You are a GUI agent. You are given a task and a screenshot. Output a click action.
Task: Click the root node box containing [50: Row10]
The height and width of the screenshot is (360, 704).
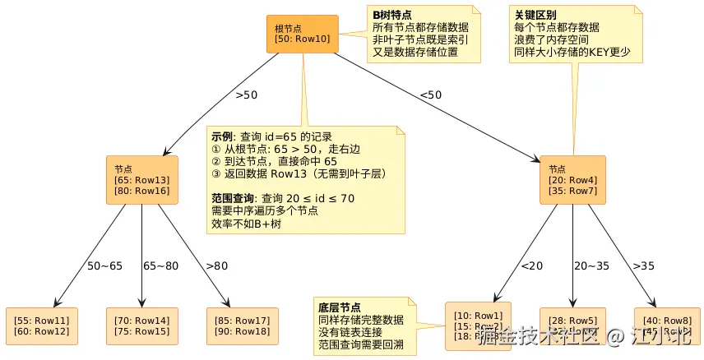(302, 34)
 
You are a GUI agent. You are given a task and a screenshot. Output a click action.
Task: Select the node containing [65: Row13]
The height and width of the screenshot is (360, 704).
(141, 179)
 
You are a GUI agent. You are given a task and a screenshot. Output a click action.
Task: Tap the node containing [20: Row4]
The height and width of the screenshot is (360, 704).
(573, 179)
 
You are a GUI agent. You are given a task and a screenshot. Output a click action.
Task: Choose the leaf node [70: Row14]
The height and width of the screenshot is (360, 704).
(141, 325)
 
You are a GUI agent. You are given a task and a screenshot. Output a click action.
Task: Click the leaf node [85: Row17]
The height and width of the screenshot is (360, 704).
(242, 325)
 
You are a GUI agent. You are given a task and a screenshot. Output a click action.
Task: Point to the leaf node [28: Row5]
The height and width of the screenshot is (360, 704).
(572, 325)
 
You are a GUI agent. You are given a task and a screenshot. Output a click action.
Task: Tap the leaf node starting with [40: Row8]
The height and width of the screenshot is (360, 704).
(666, 325)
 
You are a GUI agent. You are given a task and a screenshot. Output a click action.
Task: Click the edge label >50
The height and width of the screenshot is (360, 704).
(247, 95)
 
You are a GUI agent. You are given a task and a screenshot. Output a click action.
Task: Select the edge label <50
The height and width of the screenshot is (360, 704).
(431, 95)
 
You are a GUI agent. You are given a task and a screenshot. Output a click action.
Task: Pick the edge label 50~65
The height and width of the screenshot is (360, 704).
(104, 265)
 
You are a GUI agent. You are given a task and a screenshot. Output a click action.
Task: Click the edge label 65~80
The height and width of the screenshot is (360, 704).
(161, 265)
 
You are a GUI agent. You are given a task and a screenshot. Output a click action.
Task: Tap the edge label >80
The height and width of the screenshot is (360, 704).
(217, 265)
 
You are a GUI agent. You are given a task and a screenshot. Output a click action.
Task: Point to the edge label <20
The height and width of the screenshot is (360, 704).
(531, 265)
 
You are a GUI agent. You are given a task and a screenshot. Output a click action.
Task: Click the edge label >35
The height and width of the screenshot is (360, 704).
(644, 265)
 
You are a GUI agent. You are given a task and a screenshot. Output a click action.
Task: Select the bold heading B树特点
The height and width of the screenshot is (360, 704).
(392, 15)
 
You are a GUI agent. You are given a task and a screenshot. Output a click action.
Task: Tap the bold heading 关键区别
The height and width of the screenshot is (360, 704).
(535, 15)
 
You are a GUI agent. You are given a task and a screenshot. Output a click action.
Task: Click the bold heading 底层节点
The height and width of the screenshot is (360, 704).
(339, 307)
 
